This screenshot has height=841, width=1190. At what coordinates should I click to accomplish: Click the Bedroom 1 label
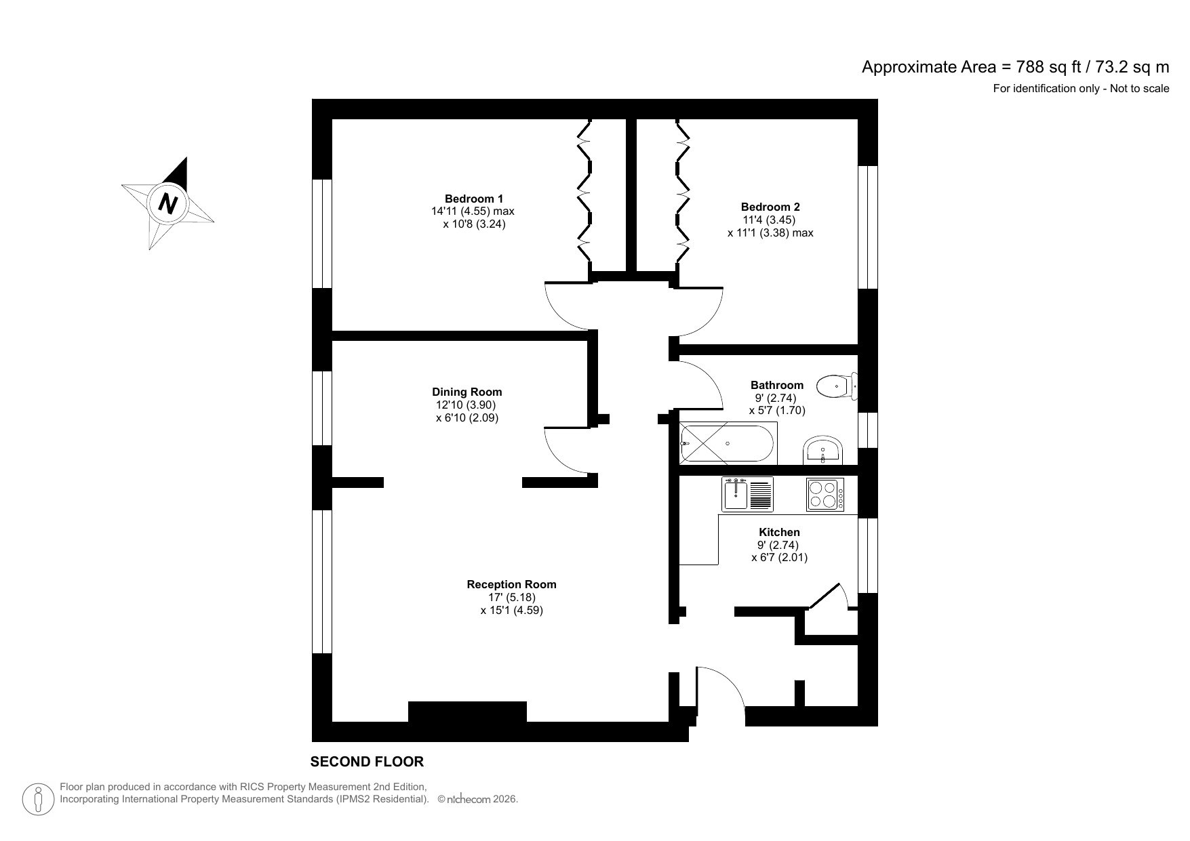473,199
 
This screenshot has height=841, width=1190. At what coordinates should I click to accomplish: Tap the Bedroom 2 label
770,207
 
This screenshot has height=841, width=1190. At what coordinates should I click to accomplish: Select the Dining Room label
467,392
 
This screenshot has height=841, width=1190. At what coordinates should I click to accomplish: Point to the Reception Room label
511,584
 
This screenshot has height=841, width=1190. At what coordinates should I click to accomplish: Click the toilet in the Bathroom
836,387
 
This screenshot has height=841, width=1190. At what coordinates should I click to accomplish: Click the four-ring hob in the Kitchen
825,495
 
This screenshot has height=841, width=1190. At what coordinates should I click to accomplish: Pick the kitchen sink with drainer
747,494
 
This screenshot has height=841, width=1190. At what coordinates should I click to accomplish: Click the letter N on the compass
167,203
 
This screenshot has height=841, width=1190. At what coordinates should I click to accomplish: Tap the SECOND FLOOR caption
367,762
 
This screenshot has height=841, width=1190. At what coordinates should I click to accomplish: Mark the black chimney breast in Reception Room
467,712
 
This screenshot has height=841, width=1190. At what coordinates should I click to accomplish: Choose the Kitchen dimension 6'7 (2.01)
779,558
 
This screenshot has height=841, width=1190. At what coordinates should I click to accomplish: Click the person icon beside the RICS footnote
39,800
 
